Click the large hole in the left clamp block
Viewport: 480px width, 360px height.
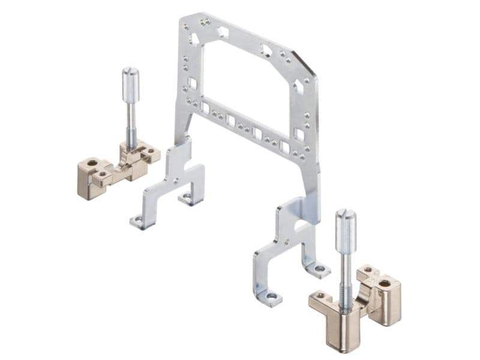[92, 163]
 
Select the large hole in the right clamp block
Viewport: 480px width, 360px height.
[384, 283]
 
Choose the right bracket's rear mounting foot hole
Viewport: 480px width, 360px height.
[319, 268]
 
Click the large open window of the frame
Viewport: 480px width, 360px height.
[246, 84]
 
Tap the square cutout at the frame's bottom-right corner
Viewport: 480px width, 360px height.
[298, 134]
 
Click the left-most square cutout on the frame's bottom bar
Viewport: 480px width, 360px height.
[205, 108]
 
